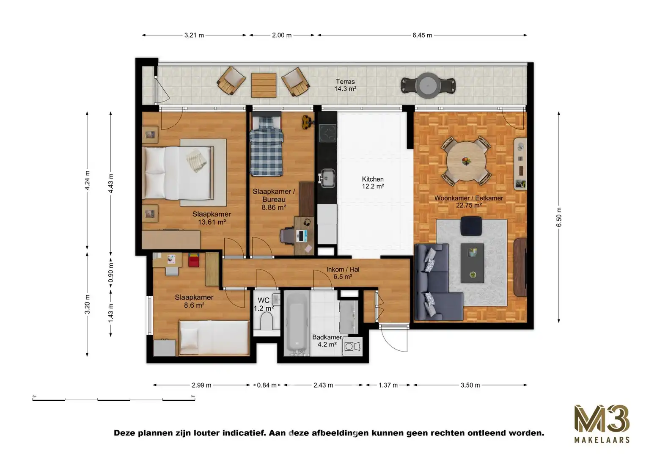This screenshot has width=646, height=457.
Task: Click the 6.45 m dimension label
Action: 422,36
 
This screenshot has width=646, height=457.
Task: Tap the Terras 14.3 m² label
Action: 345,85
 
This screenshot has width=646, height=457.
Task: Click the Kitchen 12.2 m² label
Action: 373,183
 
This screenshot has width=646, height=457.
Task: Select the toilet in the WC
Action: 267,324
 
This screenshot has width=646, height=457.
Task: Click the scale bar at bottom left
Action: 113,399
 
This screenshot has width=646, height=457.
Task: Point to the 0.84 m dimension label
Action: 267,385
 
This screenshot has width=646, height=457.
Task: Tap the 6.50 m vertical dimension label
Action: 558,217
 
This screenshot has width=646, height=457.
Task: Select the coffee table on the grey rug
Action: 472,263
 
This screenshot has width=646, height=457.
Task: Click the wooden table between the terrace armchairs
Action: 264,85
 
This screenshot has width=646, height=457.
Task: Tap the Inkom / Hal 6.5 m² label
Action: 343,273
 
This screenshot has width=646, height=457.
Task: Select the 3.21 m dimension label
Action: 194,36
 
